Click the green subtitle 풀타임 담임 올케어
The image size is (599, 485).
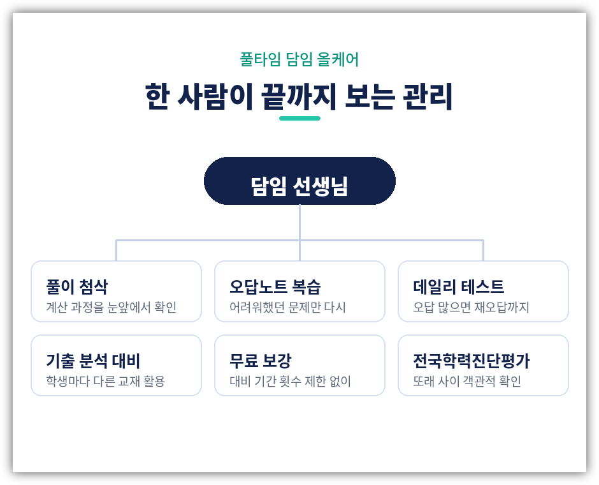point(299,59)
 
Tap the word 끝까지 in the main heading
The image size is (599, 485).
point(299,96)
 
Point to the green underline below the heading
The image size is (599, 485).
point(300,118)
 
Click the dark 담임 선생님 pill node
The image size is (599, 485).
point(300,181)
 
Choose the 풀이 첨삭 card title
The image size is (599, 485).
point(76,287)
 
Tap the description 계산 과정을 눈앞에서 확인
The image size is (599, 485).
point(111,307)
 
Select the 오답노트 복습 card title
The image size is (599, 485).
point(275,287)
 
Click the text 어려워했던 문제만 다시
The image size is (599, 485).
point(287,307)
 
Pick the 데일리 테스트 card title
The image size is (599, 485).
point(458,287)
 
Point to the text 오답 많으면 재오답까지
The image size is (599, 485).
point(471,307)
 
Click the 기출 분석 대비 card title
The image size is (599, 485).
point(93,361)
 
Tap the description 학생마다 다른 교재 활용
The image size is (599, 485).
point(105,382)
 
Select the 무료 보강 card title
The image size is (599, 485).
point(260,361)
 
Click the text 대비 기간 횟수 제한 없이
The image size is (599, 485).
point(290,382)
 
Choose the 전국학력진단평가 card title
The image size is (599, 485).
point(472,361)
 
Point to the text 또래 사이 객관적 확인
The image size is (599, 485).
point(467,382)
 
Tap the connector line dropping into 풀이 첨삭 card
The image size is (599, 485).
point(116,251)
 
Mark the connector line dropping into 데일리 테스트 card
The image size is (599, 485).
point(483,251)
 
